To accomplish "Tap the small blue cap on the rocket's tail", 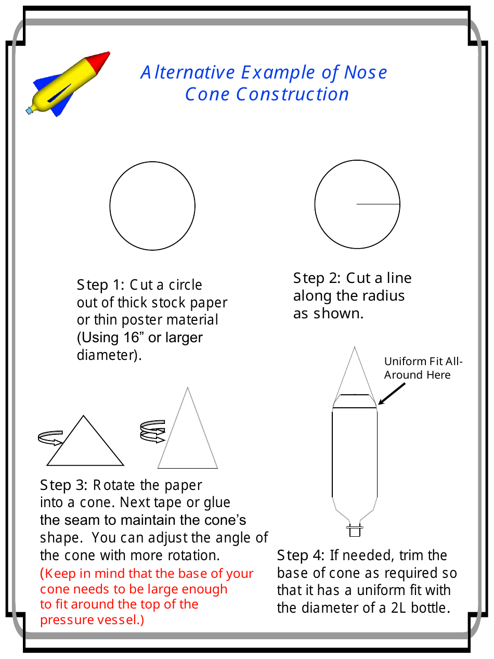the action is [29, 110].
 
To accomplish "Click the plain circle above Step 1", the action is [152, 206].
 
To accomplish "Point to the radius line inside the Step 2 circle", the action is [378, 204].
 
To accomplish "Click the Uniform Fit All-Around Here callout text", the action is [423, 368].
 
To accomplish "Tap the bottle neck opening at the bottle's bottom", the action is [355, 531].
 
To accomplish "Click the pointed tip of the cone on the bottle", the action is [355, 349].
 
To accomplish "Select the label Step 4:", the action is [301, 555].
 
